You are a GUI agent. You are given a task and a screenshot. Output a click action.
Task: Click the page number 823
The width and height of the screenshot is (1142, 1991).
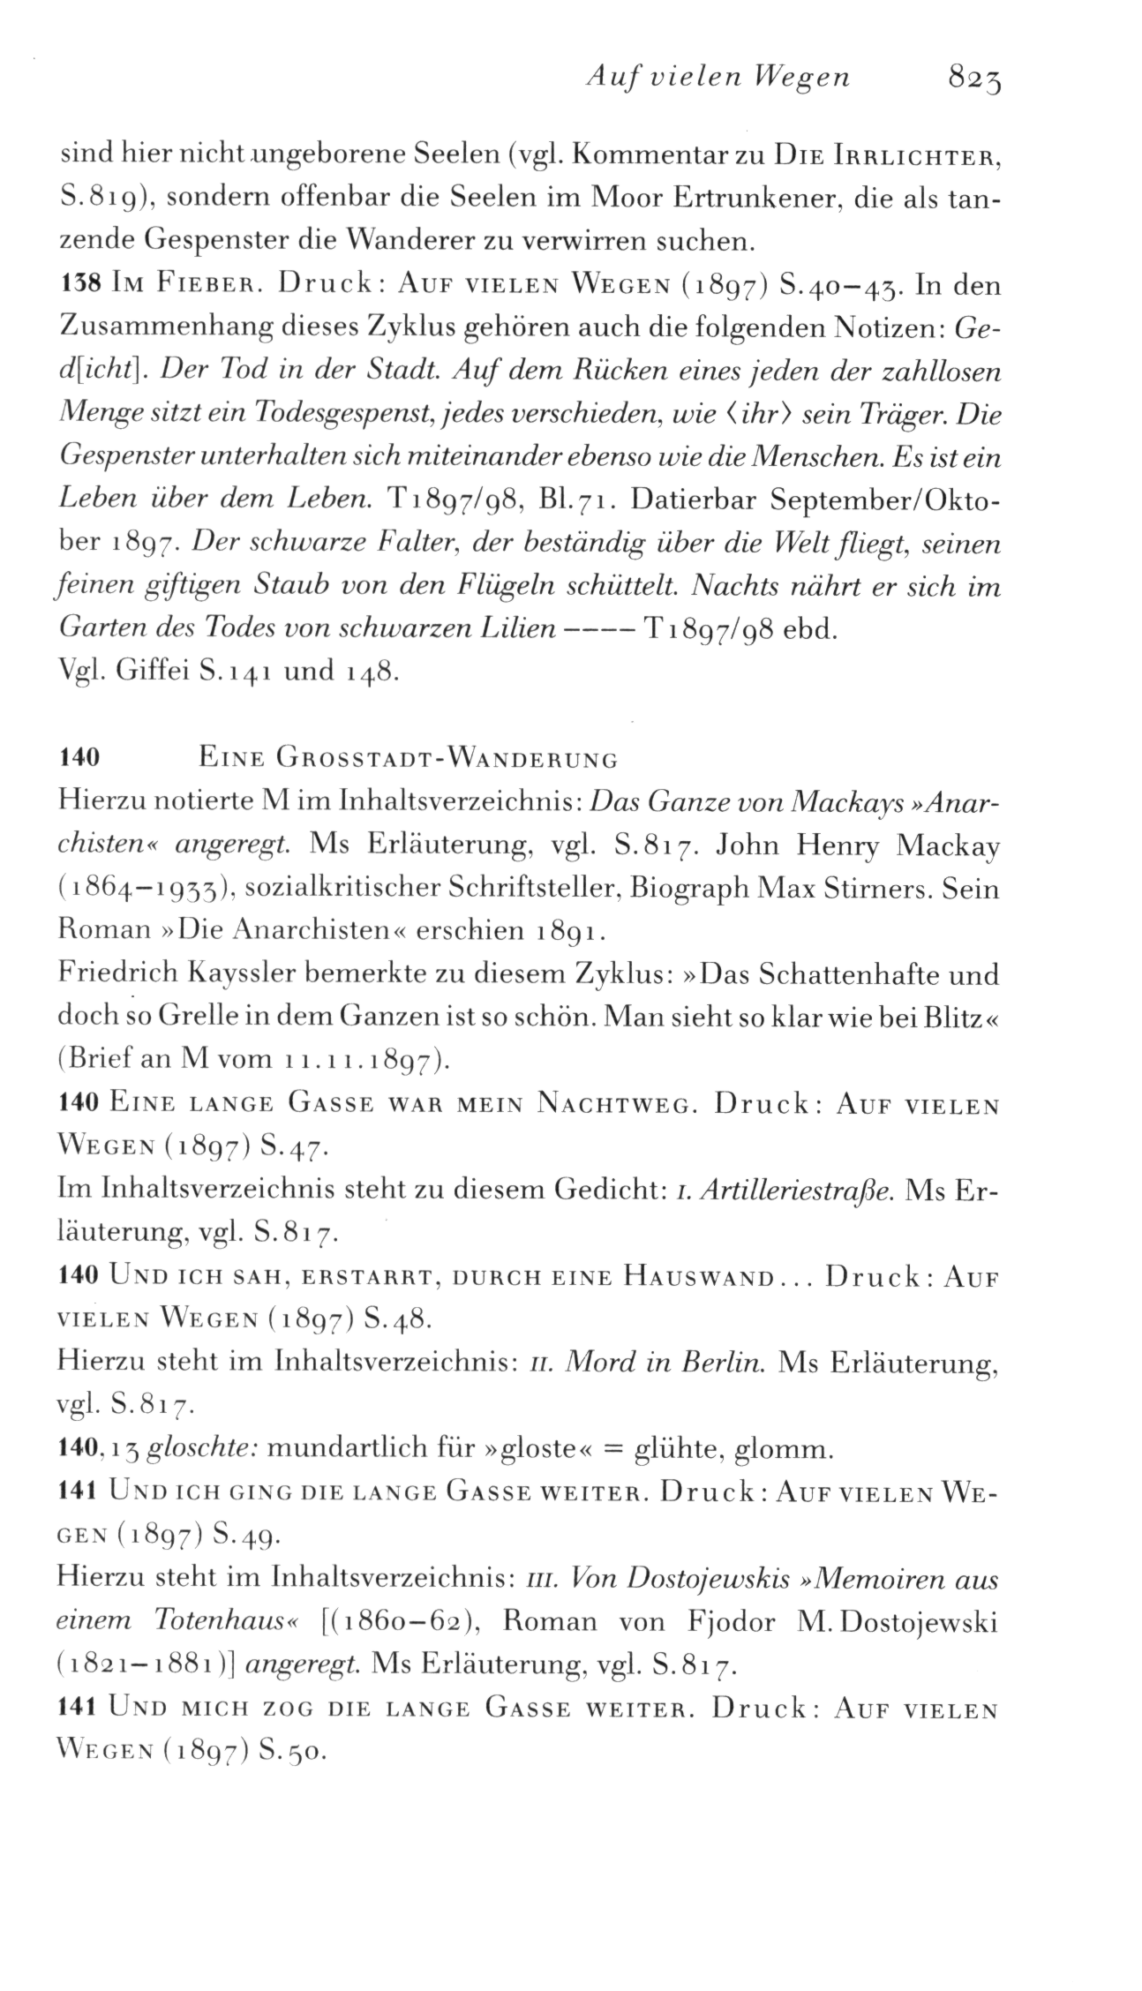coord(976,80)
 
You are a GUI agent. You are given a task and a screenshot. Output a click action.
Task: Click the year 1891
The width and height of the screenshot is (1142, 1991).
coord(570,931)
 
